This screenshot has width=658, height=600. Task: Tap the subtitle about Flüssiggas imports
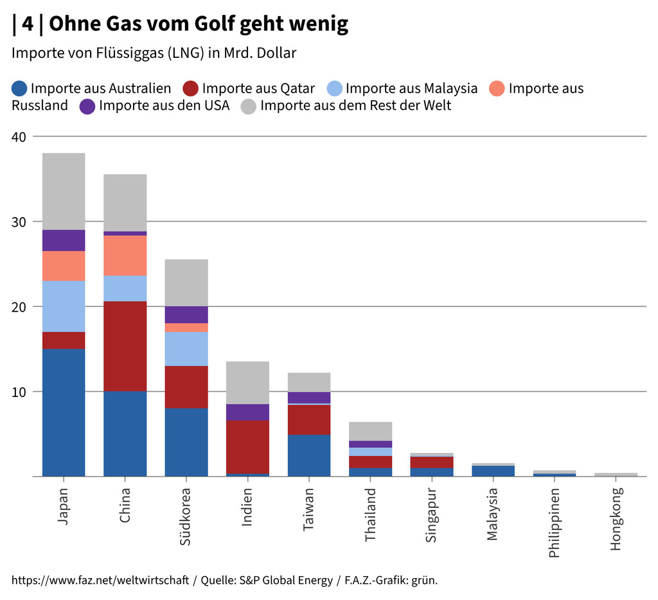click(154, 53)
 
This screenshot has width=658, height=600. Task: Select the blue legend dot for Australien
click(20, 89)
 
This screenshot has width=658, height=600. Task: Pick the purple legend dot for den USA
click(88, 106)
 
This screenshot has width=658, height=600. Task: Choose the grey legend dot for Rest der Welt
click(249, 106)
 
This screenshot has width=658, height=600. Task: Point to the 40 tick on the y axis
click(19, 137)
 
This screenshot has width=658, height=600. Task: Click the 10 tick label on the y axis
click(19, 392)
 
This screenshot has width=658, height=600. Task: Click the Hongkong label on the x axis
click(616, 519)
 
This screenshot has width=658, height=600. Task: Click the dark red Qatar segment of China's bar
click(125, 346)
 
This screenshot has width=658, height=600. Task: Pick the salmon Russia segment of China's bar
click(125, 256)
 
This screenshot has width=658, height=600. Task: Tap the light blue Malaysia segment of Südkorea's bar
click(186, 349)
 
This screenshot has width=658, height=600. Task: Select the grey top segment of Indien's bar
click(247, 383)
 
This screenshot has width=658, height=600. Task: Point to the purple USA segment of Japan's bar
click(64, 240)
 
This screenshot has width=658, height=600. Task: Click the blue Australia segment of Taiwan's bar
click(309, 455)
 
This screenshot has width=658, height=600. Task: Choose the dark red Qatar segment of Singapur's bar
click(432, 463)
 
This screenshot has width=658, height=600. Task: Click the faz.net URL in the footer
click(100, 581)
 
